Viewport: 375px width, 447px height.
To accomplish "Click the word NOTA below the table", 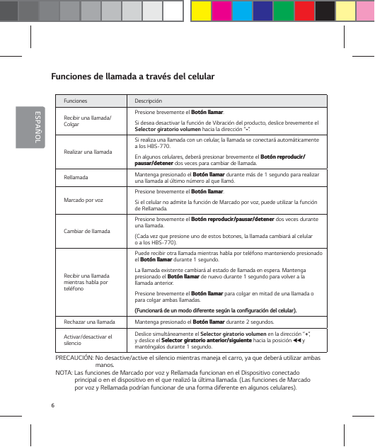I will (64, 372).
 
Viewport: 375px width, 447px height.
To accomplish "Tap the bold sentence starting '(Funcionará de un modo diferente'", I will (215, 310).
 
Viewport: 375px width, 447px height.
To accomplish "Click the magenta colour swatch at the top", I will (222, 11).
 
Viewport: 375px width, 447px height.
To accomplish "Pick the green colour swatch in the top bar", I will (284, 11).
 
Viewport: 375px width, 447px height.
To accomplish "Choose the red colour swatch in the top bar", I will (304, 11).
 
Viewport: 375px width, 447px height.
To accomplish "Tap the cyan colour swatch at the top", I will (243, 11).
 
